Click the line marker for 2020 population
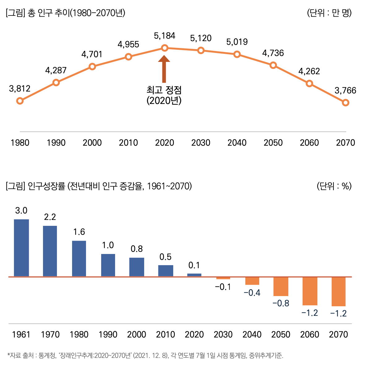pyautogui.click(x=165, y=48)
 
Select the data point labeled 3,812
pyautogui.click(x=20, y=101)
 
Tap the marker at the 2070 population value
pyautogui.click(x=346, y=102)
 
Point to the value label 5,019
pyautogui.click(x=237, y=42)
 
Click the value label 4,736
pyautogui.click(x=273, y=53)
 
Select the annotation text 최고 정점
pyautogui.click(x=164, y=90)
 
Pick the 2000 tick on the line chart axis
pyautogui.click(x=92, y=143)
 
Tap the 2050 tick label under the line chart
pyautogui.click(x=273, y=143)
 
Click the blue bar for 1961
pyautogui.click(x=21, y=248)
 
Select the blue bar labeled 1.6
pyautogui.click(x=79, y=259)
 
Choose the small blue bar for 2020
pyautogui.click(x=194, y=275)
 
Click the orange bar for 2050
pyautogui.click(x=281, y=286)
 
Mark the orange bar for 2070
pyautogui.click(x=338, y=291)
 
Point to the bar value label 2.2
pyautogui.click(x=50, y=217)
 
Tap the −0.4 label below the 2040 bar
pyautogui.click(x=252, y=293)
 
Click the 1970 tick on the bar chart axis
pyautogui.click(x=50, y=334)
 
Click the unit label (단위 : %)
pyautogui.click(x=334, y=186)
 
